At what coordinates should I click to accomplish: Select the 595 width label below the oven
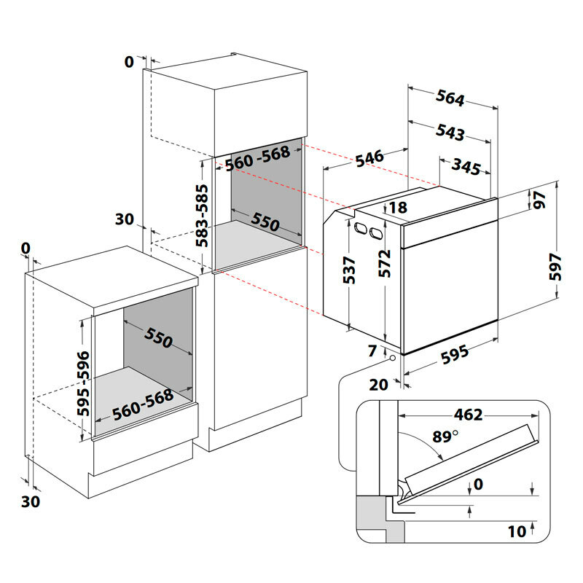pyautogui.click(x=453, y=356)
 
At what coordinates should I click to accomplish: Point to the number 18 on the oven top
pyautogui.click(x=398, y=208)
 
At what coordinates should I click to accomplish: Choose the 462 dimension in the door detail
pyautogui.click(x=468, y=415)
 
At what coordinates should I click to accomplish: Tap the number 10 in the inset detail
pyautogui.click(x=517, y=531)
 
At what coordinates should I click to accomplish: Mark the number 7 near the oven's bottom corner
pyautogui.click(x=373, y=351)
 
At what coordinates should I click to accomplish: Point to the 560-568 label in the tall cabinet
pyautogui.click(x=258, y=159)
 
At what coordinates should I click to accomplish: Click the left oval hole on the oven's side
pyautogui.click(x=360, y=228)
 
